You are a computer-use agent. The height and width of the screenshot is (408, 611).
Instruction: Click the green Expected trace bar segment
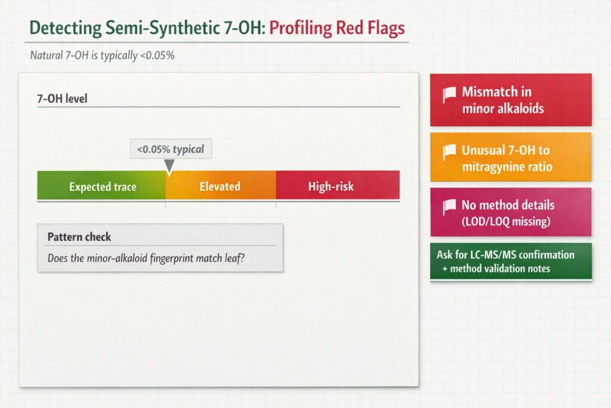click(x=101, y=185)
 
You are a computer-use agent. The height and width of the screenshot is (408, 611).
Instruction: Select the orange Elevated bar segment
click(x=221, y=185)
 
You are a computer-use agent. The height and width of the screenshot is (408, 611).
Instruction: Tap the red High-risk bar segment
click(x=338, y=185)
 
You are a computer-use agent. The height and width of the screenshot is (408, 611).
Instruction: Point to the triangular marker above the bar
click(x=169, y=166)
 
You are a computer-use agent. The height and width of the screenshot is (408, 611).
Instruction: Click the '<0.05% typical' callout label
click(x=171, y=149)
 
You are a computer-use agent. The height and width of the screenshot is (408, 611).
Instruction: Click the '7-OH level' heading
click(x=62, y=99)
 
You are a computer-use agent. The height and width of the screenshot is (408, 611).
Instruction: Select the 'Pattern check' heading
click(x=79, y=237)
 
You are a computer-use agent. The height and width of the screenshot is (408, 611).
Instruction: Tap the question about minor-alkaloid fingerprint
click(x=146, y=258)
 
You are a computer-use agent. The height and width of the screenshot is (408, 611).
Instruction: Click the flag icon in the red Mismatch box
click(x=449, y=95)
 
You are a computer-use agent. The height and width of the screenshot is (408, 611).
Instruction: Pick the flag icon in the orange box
click(x=449, y=152)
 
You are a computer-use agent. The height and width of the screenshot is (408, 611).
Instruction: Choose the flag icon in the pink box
click(x=449, y=207)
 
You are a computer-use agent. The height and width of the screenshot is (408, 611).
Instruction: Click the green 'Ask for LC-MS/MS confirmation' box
click(x=511, y=261)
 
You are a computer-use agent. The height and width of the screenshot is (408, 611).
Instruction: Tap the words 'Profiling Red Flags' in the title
click(x=337, y=27)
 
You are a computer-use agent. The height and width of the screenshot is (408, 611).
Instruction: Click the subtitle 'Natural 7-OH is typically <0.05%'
click(x=102, y=55)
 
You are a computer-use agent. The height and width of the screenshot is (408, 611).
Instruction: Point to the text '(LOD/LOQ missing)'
click(x=506, y=222)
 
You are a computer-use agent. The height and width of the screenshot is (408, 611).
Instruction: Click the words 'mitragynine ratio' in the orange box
click(x=507, y=167)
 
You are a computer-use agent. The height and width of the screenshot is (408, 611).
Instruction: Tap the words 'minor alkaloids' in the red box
click(x=502, y=108)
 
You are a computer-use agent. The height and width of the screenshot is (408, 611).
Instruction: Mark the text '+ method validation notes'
click(x=496, y=268)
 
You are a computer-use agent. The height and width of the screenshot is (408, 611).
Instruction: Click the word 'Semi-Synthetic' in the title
click(x=162, y=27)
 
